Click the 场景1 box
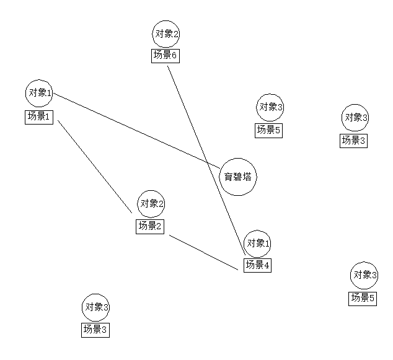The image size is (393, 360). pos(38,116)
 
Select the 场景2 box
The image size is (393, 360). pos(149,226)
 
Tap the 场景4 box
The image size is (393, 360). pos(257,265)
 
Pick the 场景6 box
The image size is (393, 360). pos(166,56)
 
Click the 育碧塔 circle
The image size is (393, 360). pos(238,177)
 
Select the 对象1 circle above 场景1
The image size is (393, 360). pos(38,93)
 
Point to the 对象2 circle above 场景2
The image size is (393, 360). pos(151,203)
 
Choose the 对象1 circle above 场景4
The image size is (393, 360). pos(258,242)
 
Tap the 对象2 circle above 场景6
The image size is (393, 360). pos(166,33)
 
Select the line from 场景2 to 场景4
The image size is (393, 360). pos(204,252)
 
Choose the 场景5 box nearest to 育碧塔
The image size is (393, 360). pos(269,130)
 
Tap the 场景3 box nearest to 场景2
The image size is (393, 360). pos(95,330)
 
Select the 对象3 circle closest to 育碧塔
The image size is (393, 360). pos(270,107)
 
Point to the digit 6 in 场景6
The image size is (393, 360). pos(175,56)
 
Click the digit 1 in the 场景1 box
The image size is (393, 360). pos(48,116)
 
